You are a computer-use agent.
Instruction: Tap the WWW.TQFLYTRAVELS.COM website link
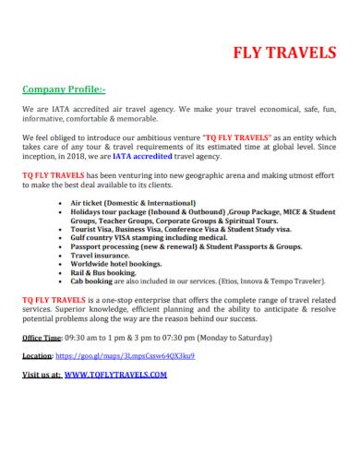tap(115, 376)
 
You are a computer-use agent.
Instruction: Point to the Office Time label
tap(40, 338)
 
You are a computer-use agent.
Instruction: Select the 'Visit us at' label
tap(41, 376)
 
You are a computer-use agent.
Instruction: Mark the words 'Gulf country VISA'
tap(100, 237)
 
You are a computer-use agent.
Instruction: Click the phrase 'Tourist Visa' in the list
tap(90, 228)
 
